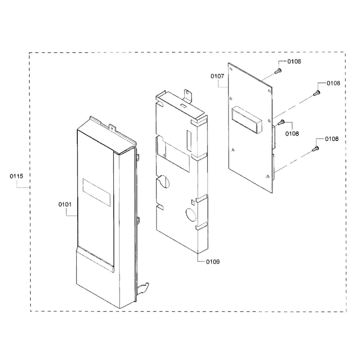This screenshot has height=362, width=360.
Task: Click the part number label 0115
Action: [16, 176]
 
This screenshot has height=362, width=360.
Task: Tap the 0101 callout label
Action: [65, 204]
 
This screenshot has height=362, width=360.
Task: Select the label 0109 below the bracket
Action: [213, 262]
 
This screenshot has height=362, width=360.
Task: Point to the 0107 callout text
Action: [217, 76]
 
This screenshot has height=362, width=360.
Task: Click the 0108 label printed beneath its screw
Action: [292, 133]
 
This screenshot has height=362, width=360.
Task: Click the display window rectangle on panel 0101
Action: [96, 192]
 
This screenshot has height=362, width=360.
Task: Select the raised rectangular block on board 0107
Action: [247, 119]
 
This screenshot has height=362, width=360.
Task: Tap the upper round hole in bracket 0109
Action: [165, 181]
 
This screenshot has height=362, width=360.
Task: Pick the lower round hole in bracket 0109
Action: [191, 214]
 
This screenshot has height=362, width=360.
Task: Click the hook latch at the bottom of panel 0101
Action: [143, 289]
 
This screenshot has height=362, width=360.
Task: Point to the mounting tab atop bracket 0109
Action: [188, 95]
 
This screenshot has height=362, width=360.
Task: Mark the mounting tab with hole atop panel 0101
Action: [112, 128]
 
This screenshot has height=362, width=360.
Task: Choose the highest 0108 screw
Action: [278, 71]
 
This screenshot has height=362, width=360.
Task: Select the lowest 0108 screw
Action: [315, 149]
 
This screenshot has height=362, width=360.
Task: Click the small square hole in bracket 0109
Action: [193, 202]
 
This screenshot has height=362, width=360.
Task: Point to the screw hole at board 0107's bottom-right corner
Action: [267, 176]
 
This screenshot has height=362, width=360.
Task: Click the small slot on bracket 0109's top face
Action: [183, 106]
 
